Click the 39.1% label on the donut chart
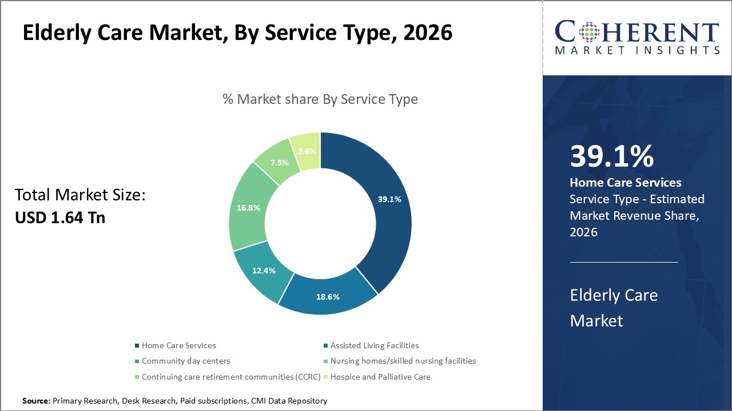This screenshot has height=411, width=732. (x=389, y=199)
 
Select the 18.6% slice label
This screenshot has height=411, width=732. (x=328, y=297)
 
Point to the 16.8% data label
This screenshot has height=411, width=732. (x=248, y=208)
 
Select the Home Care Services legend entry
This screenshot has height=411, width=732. (x=178, y=345)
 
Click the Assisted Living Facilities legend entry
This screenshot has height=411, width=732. (x=375, y=345)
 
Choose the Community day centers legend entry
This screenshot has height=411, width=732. (x=186, y=361)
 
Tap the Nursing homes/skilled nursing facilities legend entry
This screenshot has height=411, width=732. (x=403, y=361)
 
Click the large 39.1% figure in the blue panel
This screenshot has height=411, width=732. (x=611, y=156)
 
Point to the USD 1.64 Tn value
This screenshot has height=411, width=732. (x=59, y=217)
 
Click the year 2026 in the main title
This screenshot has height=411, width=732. (x=428, y=33)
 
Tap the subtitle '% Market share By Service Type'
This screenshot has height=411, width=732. (x=320, y=99)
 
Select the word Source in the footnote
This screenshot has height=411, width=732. (x=36, y=401)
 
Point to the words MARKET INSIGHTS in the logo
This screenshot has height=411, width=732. (x=636, y=50)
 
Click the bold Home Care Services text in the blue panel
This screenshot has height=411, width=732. (x=626, y=183)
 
